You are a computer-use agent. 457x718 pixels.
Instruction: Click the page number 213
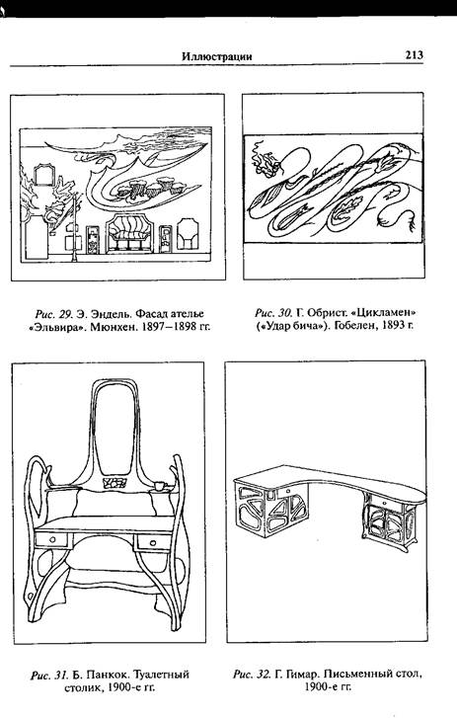point(414,55)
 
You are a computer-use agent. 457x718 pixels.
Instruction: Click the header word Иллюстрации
point(217,56)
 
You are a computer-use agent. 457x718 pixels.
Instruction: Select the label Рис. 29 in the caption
point(53,314)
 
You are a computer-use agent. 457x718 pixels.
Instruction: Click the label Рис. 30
point(273,313)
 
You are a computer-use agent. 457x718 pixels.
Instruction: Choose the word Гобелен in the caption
point(354,326)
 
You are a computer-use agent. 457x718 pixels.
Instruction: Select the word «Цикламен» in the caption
point(385,313)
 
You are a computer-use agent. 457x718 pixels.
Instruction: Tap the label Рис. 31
point(49,675)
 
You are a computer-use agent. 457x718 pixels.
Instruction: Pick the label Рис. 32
point(252,674)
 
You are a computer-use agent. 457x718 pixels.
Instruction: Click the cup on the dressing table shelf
point(160,485)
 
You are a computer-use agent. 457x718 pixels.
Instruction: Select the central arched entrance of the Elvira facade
point(129,233)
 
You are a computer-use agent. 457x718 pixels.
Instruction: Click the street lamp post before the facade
point(73,227)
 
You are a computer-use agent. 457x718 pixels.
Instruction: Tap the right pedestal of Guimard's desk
point(389,521)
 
